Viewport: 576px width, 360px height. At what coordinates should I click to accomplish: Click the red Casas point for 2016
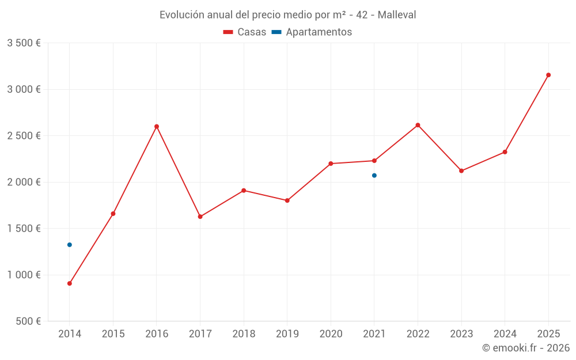click(x=157, y=127)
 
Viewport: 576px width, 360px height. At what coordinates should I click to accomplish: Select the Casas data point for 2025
click(x=548, y=75)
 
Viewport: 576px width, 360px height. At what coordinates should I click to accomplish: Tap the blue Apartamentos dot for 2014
click(x=70, y=245)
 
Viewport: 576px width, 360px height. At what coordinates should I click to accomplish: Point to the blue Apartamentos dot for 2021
click(x=374, y=176)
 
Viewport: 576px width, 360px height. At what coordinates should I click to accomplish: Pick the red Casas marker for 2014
click(x=70, y=283)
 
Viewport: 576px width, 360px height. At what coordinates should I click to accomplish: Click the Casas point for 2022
click(x=418, y=125)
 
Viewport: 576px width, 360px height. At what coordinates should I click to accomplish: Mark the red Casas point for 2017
click(x=200, y=217)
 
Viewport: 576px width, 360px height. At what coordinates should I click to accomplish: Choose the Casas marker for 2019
click(x=287, y=200)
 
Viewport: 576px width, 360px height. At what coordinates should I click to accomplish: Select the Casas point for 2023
click(x=461, y=171)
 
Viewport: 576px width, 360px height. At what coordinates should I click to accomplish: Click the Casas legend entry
click(x=245, y=32)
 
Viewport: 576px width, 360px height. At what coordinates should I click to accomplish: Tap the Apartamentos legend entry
click(x=312, y=32)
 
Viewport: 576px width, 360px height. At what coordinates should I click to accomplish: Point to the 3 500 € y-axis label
click(x=24, y=43)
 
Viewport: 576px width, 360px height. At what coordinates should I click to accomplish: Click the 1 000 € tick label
click(x=24, y=275)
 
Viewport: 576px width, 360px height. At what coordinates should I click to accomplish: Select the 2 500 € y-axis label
click(x=24, y=136)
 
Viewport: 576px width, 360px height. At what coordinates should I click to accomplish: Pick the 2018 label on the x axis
click(x=244, y=334)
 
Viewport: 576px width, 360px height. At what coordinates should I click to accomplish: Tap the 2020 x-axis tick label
click(x=331, y=334)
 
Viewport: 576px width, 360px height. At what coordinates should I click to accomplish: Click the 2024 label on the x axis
click(x=505, y=334)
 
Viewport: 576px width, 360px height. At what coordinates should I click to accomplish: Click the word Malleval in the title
click(x=397, y=15)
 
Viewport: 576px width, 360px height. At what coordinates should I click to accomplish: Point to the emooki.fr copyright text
click(x=526, y=348)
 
